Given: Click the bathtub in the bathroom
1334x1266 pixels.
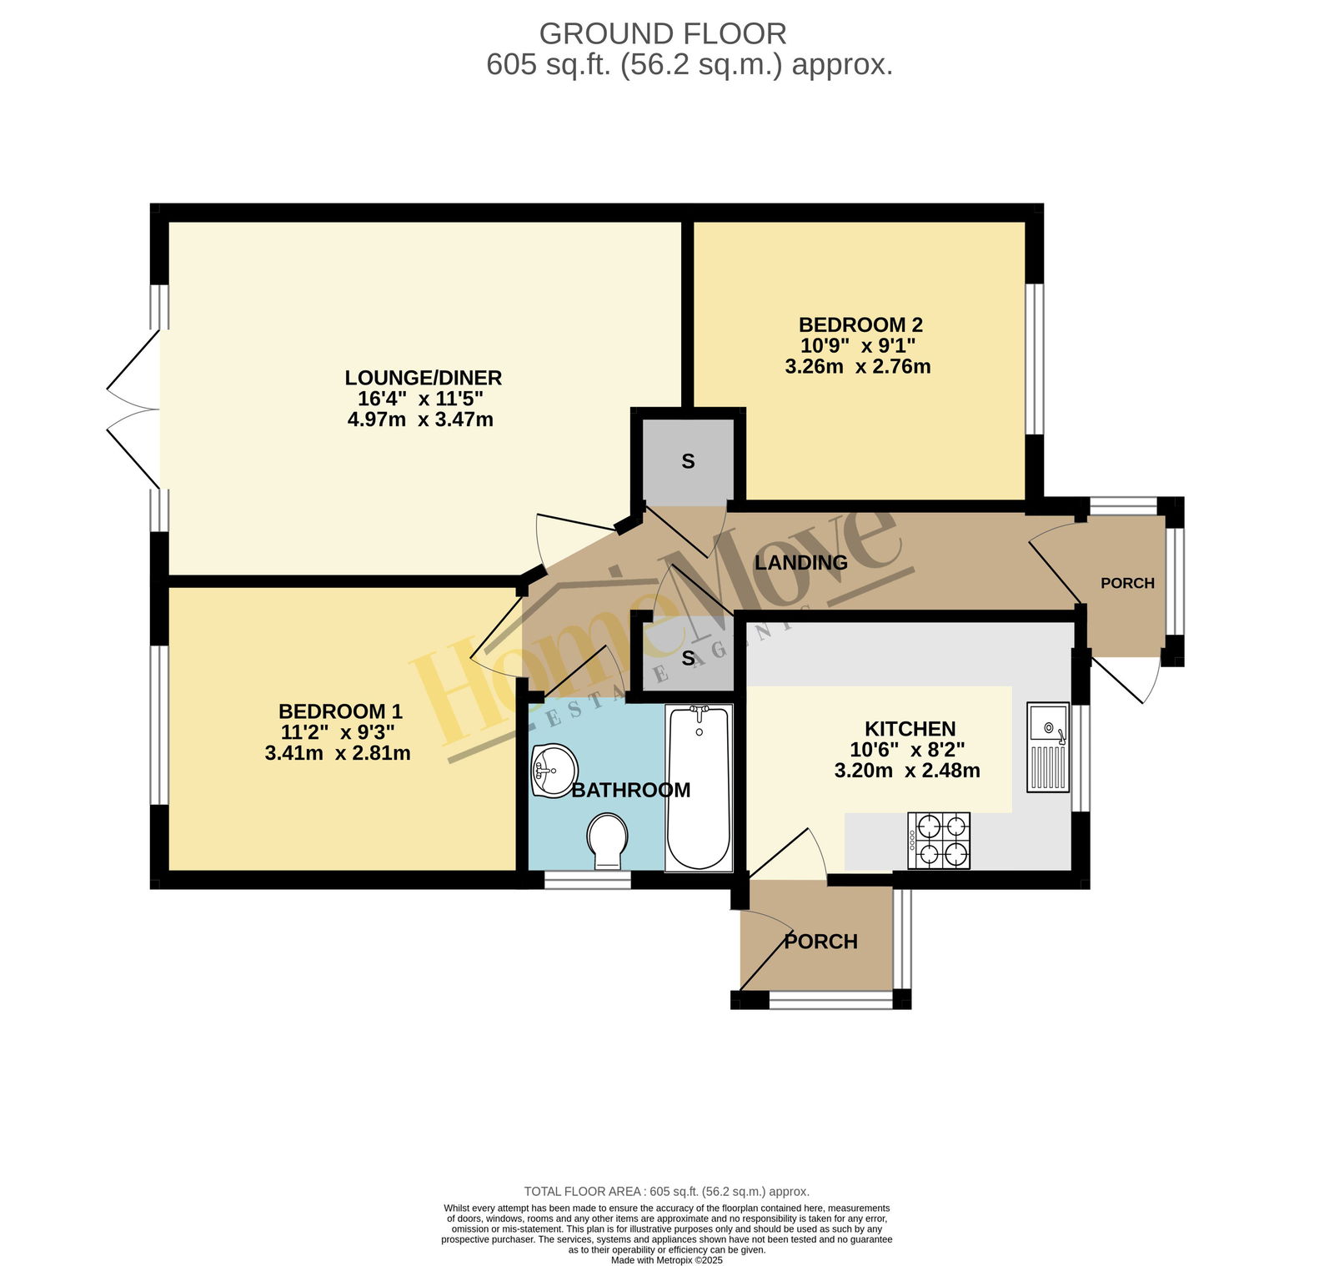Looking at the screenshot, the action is coord(699,788).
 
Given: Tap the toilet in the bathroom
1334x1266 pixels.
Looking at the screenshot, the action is coord(608,841).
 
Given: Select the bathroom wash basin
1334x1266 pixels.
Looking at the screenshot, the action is coord(553,771).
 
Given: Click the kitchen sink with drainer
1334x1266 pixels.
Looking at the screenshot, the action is coord(1048,746).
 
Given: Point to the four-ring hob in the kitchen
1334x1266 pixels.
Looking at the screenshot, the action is coord(939,841).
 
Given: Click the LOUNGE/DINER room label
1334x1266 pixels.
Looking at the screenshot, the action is coord(424,378).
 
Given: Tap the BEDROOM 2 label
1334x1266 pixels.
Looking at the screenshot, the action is coord(860,324).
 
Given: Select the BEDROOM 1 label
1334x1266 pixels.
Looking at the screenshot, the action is coord(340,711).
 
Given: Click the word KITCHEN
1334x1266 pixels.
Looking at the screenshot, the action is coord(910,729).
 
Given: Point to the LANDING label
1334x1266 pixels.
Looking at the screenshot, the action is coord(801,563).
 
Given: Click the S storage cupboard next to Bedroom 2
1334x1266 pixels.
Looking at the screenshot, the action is coord(688,461).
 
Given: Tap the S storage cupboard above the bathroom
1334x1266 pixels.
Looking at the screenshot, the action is coord(688,658).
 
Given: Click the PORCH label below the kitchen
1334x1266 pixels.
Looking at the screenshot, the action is coord(821,942).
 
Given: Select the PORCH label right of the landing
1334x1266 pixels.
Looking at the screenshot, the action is coord(1127,583).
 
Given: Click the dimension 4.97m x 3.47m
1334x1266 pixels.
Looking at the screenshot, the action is coord(420,419).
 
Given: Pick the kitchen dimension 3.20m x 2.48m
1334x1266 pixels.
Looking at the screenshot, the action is coord(907,771).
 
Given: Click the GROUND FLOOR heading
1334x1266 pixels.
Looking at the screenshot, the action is coord(663,33).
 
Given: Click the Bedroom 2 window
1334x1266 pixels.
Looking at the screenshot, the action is coord(1035,359).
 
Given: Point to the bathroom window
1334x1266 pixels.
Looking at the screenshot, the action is coord(587,879).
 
